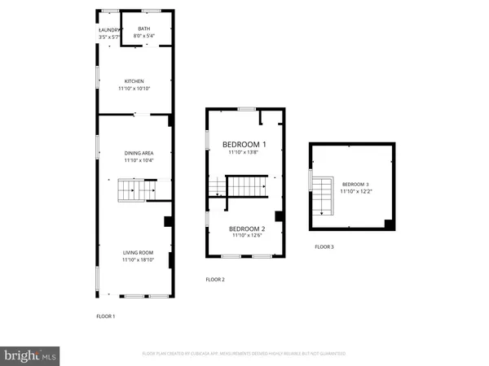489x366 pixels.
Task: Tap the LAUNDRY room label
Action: pyautogui.click(x=108, y=30)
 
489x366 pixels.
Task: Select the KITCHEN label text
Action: pyautogui.click(x=134, y=81)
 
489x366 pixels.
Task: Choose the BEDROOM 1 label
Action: pyautogui.click(x=245, y=144)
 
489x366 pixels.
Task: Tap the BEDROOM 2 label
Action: pyautogui.click(x=245, y=229)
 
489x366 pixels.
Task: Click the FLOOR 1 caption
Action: pyautogui.click(x=106, y=316)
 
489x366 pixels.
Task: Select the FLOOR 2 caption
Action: pyautogui.click(x=215, y=279)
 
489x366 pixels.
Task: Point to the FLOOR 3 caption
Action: pyautogui.click(x=324, y=246)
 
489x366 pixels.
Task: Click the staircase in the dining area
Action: pyautogui.click(x=130, y=191)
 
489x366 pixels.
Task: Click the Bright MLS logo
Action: pyautogui.click(x=31, y=355)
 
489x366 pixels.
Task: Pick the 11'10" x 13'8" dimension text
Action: pyautogui.click(x=245, y=152)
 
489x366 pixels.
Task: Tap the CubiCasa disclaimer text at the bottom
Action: pyautogui.click(x=244, y=354)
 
